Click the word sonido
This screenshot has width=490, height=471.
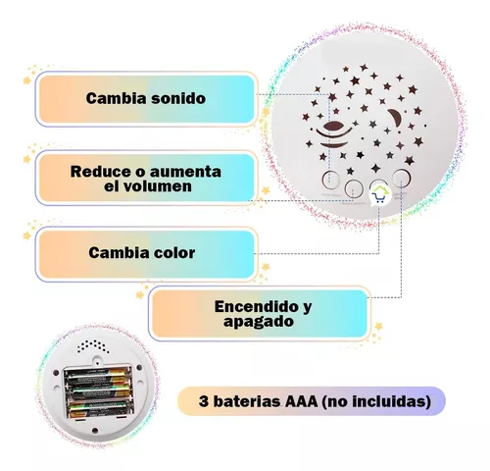pyautogui.click(x=176, y=98)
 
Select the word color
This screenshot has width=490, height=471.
pyautogui.click(x=171, y=253)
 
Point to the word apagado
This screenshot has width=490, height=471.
pyautogui.click(x=259, y=322)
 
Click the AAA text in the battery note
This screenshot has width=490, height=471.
pyautogui.click(x=301, y=401)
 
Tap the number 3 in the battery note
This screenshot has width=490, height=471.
pyautogui.click(x=204, y=401)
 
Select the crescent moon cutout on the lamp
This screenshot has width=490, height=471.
pyautogui.click(x=396, y=119)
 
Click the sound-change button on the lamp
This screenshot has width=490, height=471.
pyautogui.click(x=330, y=180)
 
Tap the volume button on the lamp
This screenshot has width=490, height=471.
pyautogui.click(x=354, y=188)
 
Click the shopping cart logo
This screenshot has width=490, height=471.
pyautogui.click(x=380, y=195)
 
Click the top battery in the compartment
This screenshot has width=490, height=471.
pyautogui.click(x=97, y=375)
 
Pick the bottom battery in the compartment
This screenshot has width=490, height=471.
pyautogui.click(x=99, y=409)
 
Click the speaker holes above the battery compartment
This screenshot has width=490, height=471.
pyautogui.click(x=94, y=346)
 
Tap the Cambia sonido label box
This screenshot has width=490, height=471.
pyautogui.click(x=146, y=99)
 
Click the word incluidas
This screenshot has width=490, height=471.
pyautogui.click(x=389, y=401)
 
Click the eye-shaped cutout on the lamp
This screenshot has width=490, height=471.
pyautogui.click(x=334, y=126)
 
